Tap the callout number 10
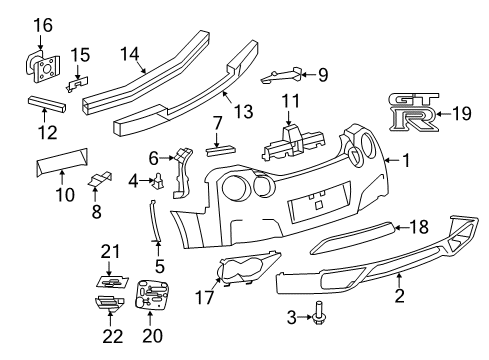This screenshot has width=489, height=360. click(63, 194)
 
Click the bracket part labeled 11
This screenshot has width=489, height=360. click(289, 139)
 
